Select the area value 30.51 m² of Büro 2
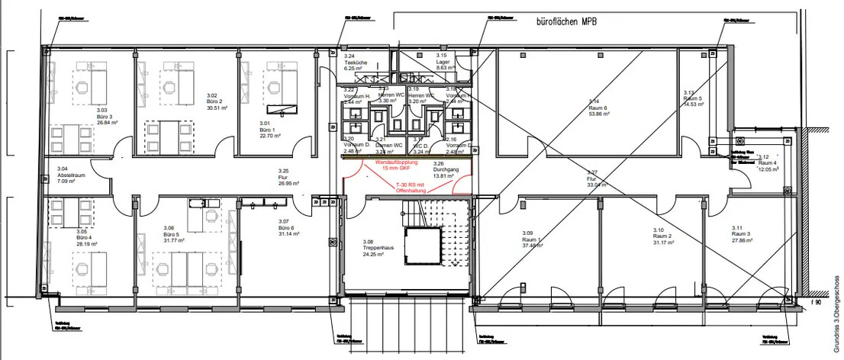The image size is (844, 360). click(x=217, y=108)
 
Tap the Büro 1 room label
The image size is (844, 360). click(x=266, y=130)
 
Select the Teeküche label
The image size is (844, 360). click(x=355, y=63)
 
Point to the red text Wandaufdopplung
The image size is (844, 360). click(x=395, y=162)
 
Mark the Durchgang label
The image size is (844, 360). click(x=446, y=170)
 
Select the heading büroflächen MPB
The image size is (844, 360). click(x=561, y=22)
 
